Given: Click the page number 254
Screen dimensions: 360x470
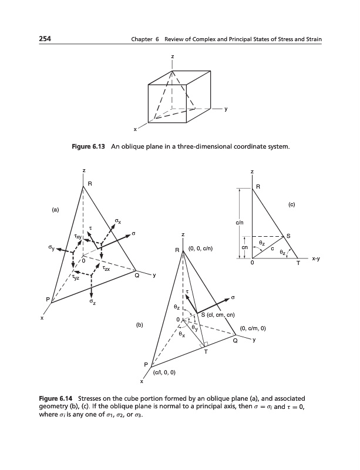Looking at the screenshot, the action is [x=45, y=39].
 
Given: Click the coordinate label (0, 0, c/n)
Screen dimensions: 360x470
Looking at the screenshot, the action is [x=201, y=249].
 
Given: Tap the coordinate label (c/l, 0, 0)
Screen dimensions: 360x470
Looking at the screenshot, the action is [x=164, y=372].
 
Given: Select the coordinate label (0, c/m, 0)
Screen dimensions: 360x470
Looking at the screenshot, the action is [x=253, y=328].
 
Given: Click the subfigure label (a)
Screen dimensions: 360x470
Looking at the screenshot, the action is [x=55, y=210].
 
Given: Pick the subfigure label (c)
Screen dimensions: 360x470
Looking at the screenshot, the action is [x=292, y=204].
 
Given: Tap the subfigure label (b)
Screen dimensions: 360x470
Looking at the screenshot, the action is [x=140, y=325].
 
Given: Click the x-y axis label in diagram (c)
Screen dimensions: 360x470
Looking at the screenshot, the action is [x=316, y=258].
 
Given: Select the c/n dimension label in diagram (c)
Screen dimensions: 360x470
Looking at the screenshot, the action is [x=240, y=223].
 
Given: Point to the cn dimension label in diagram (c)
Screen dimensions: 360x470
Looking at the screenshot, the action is [x=244, y=247].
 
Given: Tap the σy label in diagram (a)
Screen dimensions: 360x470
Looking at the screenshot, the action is [x=51, y=249].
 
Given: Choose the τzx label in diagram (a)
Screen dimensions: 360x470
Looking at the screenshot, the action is [x=106, y=268].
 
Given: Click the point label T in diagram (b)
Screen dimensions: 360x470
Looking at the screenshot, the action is [x=206, y=352].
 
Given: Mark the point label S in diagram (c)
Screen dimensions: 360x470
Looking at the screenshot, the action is [x=288, y=236].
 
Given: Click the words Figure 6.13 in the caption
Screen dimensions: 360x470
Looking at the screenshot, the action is [x=89, y=146].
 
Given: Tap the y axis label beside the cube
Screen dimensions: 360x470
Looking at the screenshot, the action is [x=226, y=109].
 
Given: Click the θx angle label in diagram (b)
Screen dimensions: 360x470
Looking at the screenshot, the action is [x=182, y=334].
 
